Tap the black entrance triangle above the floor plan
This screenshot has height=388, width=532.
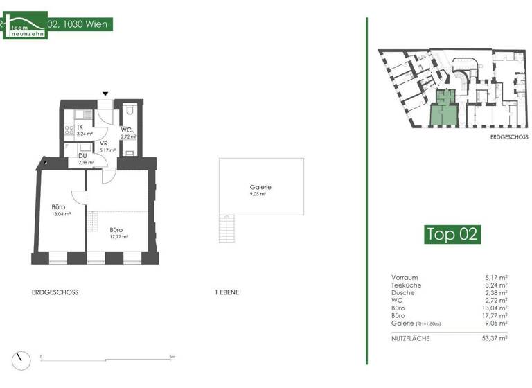point(105,94)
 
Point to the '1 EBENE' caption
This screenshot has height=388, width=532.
point(227,292)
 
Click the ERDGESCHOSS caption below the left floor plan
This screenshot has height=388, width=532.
point(55,292)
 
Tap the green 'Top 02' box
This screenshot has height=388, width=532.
point(452,234)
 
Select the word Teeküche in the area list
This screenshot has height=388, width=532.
point(406,284)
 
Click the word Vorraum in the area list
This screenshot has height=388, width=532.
point(405,276)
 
